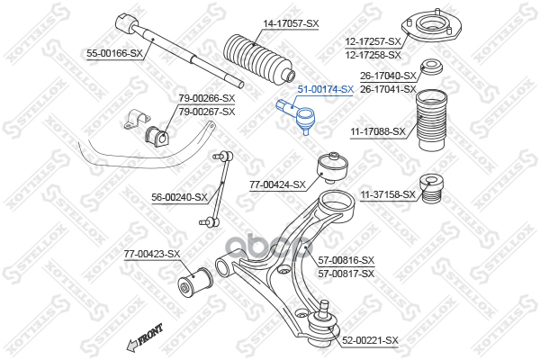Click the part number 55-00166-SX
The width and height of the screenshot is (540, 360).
114,54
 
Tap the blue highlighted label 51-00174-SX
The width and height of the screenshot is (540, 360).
325,90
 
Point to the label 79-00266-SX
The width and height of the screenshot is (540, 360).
206,98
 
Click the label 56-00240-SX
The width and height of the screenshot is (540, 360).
179,196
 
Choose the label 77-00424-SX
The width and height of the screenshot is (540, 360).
278,185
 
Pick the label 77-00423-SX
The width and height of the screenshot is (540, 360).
152,254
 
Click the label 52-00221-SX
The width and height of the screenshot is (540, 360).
370,340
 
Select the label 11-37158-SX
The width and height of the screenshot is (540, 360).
388,193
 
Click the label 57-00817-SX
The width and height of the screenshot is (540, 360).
346,273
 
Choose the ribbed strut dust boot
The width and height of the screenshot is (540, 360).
433,124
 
